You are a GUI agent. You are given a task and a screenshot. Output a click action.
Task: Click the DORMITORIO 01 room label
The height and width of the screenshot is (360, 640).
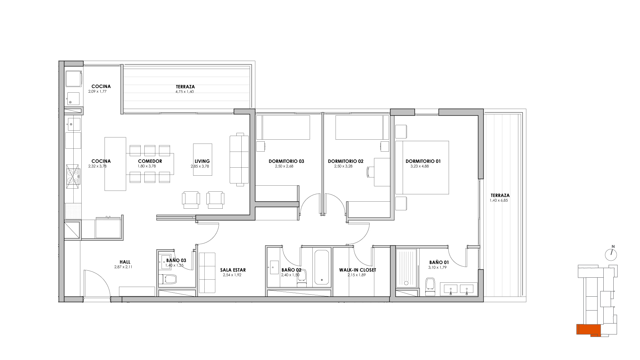(423, 161)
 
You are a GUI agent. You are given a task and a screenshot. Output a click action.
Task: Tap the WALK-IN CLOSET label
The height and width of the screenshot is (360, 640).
(358, 270)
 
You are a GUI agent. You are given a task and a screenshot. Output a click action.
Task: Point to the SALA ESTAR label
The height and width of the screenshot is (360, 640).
(233, 270)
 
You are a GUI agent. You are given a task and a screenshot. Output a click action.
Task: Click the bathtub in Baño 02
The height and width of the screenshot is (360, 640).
(322, 268)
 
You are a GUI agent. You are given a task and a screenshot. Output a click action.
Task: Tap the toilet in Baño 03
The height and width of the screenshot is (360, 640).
(168, 279)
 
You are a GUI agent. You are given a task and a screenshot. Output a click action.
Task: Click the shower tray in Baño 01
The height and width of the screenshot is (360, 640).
(406, 268)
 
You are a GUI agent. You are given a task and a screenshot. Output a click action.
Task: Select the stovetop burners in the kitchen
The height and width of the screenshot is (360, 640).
(73, 175)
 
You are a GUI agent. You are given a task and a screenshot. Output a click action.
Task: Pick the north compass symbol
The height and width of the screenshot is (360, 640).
(611, 254)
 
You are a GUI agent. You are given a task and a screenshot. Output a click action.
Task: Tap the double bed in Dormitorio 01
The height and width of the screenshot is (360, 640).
(422, 167)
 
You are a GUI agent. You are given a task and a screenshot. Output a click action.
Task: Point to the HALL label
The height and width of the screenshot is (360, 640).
(125, 262)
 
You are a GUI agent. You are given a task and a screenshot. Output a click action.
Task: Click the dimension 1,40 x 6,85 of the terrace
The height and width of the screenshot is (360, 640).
(499, 201)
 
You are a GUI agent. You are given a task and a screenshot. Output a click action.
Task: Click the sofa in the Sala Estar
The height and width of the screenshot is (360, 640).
(207, 273)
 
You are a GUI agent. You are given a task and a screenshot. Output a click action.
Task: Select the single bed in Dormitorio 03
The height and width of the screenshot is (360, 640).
(283, 127)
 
